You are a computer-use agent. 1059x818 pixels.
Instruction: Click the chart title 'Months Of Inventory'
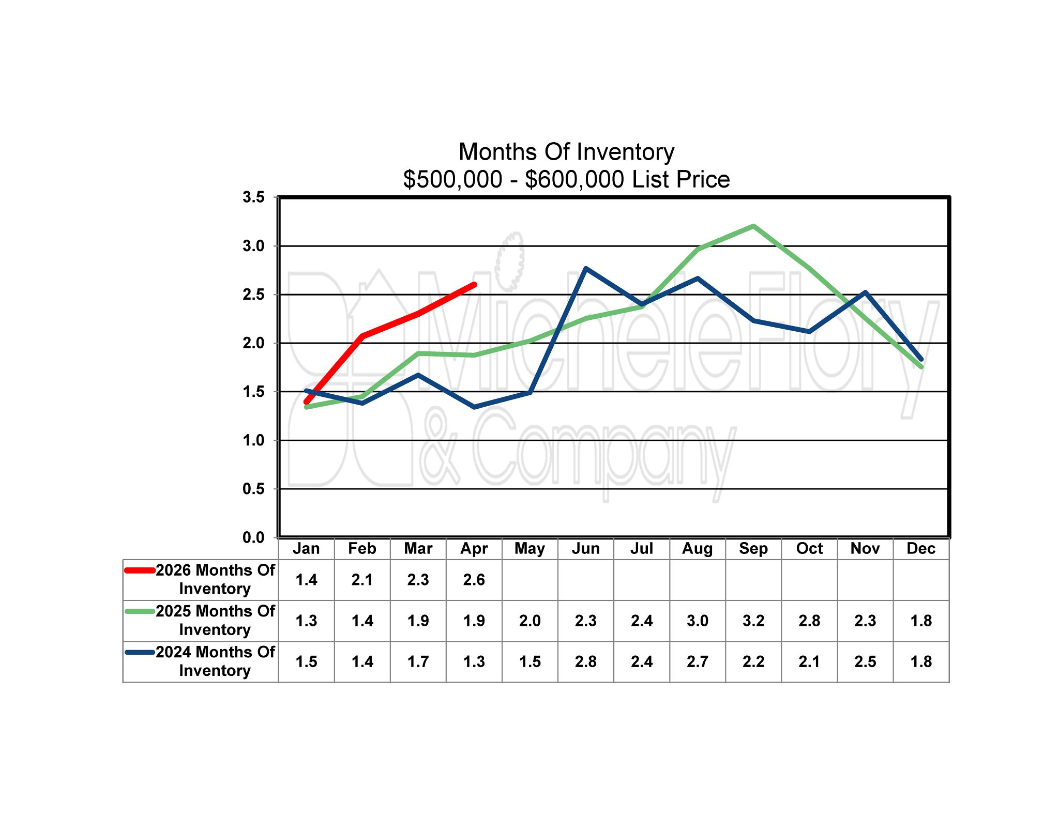566,152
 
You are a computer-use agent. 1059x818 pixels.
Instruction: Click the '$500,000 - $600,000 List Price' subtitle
566,179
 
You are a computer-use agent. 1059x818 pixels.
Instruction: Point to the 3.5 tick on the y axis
253,197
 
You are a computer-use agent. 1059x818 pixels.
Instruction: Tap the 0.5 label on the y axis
253,489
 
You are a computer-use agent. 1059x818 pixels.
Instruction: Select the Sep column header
753,548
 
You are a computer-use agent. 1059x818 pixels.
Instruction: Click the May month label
529,548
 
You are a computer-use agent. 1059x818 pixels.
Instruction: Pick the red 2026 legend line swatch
140,570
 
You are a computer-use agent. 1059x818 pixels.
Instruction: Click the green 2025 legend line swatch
140,611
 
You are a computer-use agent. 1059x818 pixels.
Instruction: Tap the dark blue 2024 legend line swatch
140,652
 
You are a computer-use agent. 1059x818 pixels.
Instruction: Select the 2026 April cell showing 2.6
474,580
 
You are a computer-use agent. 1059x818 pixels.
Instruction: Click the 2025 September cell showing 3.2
753,621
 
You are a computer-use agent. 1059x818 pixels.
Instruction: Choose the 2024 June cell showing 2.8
585,661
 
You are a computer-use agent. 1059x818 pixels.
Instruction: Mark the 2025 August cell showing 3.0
698,621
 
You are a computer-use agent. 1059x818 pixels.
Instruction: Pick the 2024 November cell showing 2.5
865,661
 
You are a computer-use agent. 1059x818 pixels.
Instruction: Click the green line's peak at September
753,226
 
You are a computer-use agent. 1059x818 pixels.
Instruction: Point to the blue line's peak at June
585,268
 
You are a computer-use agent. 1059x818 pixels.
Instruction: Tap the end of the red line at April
474,285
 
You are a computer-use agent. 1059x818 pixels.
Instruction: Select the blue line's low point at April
474,407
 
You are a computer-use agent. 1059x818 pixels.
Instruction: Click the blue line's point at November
865,292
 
